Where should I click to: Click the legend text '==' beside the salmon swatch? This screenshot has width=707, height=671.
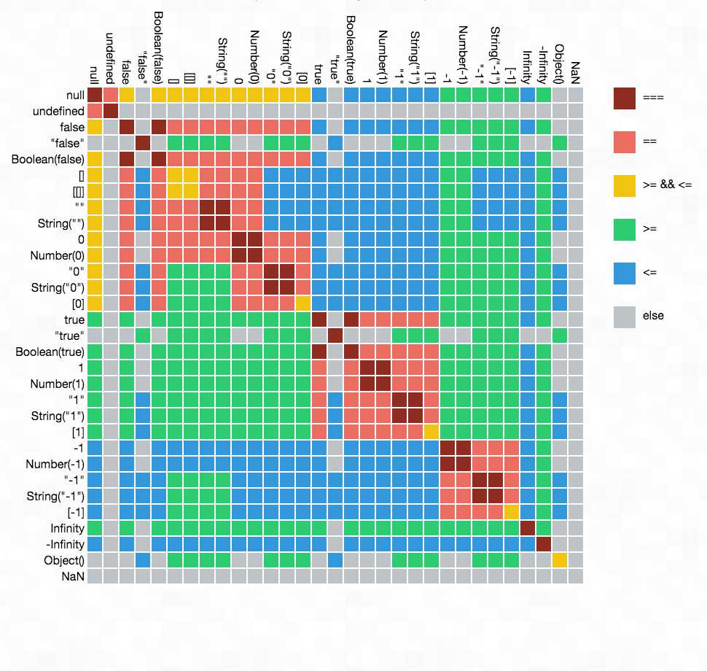click(650, 141)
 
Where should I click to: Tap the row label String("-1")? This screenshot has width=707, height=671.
click(56, 496)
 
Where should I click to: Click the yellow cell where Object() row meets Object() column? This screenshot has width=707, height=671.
click(559, 560)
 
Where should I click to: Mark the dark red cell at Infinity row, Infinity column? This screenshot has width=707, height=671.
click(527, 528)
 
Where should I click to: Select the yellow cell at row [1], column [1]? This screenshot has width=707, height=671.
click(431, 432)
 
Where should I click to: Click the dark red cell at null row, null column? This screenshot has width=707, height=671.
click(94, 95)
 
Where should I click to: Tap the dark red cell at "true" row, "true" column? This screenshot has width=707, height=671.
click(335, 335)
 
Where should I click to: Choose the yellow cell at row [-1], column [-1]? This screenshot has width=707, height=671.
click(511, 512)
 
